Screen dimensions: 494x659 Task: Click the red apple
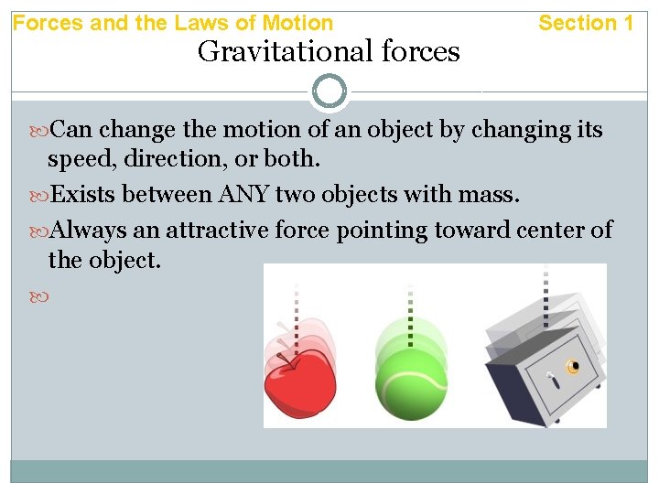(x=298, y=385)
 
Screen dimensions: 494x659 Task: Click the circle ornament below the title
(x=329, y=91)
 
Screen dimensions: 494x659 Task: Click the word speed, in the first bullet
(x=81, y=160)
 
